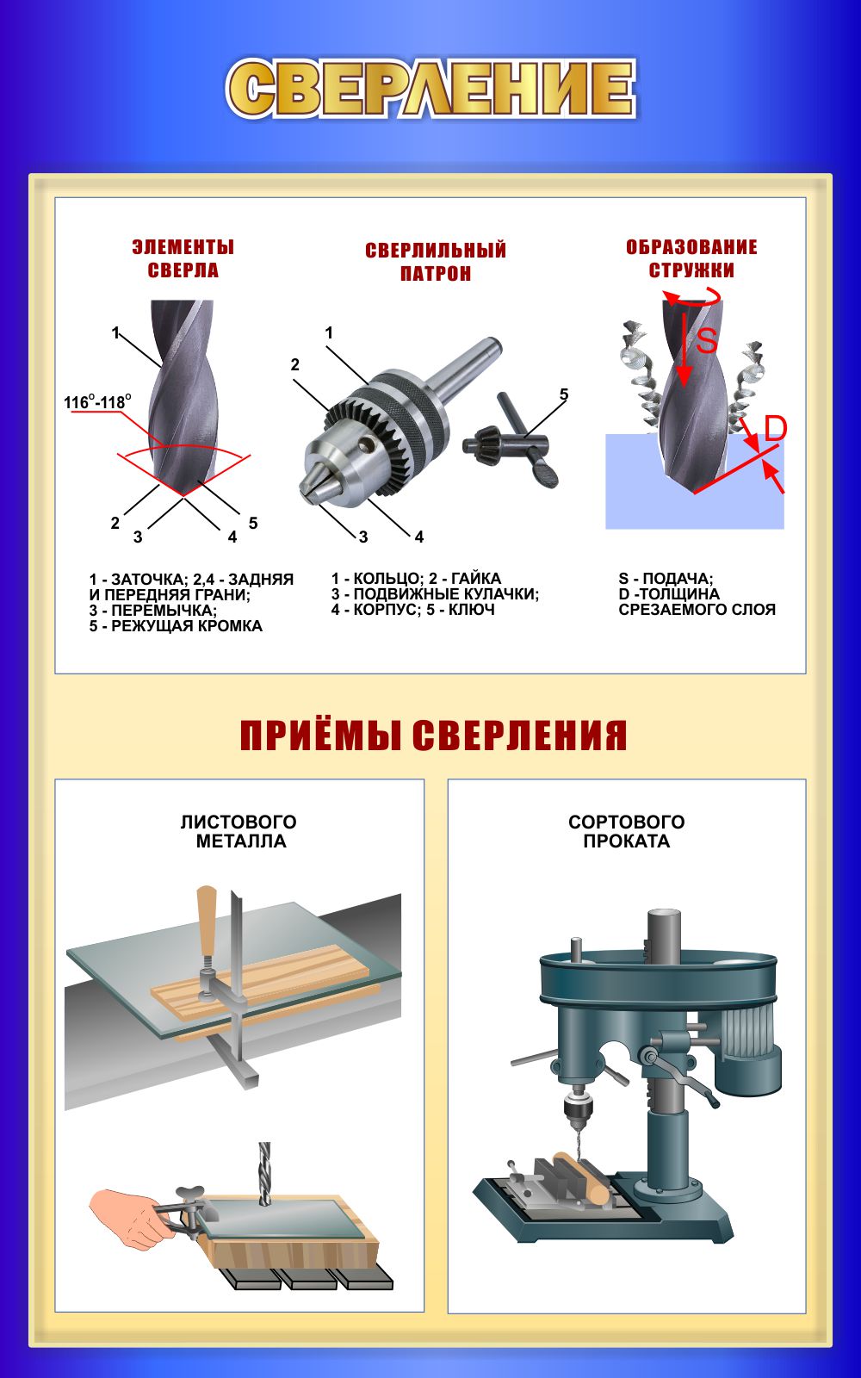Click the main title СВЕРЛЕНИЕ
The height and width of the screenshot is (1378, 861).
click(x=431, y=88)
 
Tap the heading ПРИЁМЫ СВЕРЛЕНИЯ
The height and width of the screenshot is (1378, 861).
click(x=433, y=736)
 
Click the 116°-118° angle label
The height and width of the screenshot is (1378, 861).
click(x=97, y=402)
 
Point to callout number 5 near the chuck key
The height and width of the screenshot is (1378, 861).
click(x=564, y=394)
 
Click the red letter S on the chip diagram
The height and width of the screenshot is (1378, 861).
click(x=706, y=340)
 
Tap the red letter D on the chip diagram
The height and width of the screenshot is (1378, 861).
click(x=776, y=427)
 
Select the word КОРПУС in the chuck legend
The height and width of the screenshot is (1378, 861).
click(x=385, y=611)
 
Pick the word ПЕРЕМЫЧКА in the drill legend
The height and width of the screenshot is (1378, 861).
click(x=164, y=611)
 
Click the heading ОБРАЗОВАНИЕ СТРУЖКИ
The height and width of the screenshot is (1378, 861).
click(x=692, y=259)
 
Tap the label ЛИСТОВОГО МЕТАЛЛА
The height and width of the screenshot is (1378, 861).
click(x=239, y=832)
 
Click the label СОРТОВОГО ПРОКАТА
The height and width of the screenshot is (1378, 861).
click(x=627, y=832)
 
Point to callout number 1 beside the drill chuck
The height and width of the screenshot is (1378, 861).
click(x=329, y=332)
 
